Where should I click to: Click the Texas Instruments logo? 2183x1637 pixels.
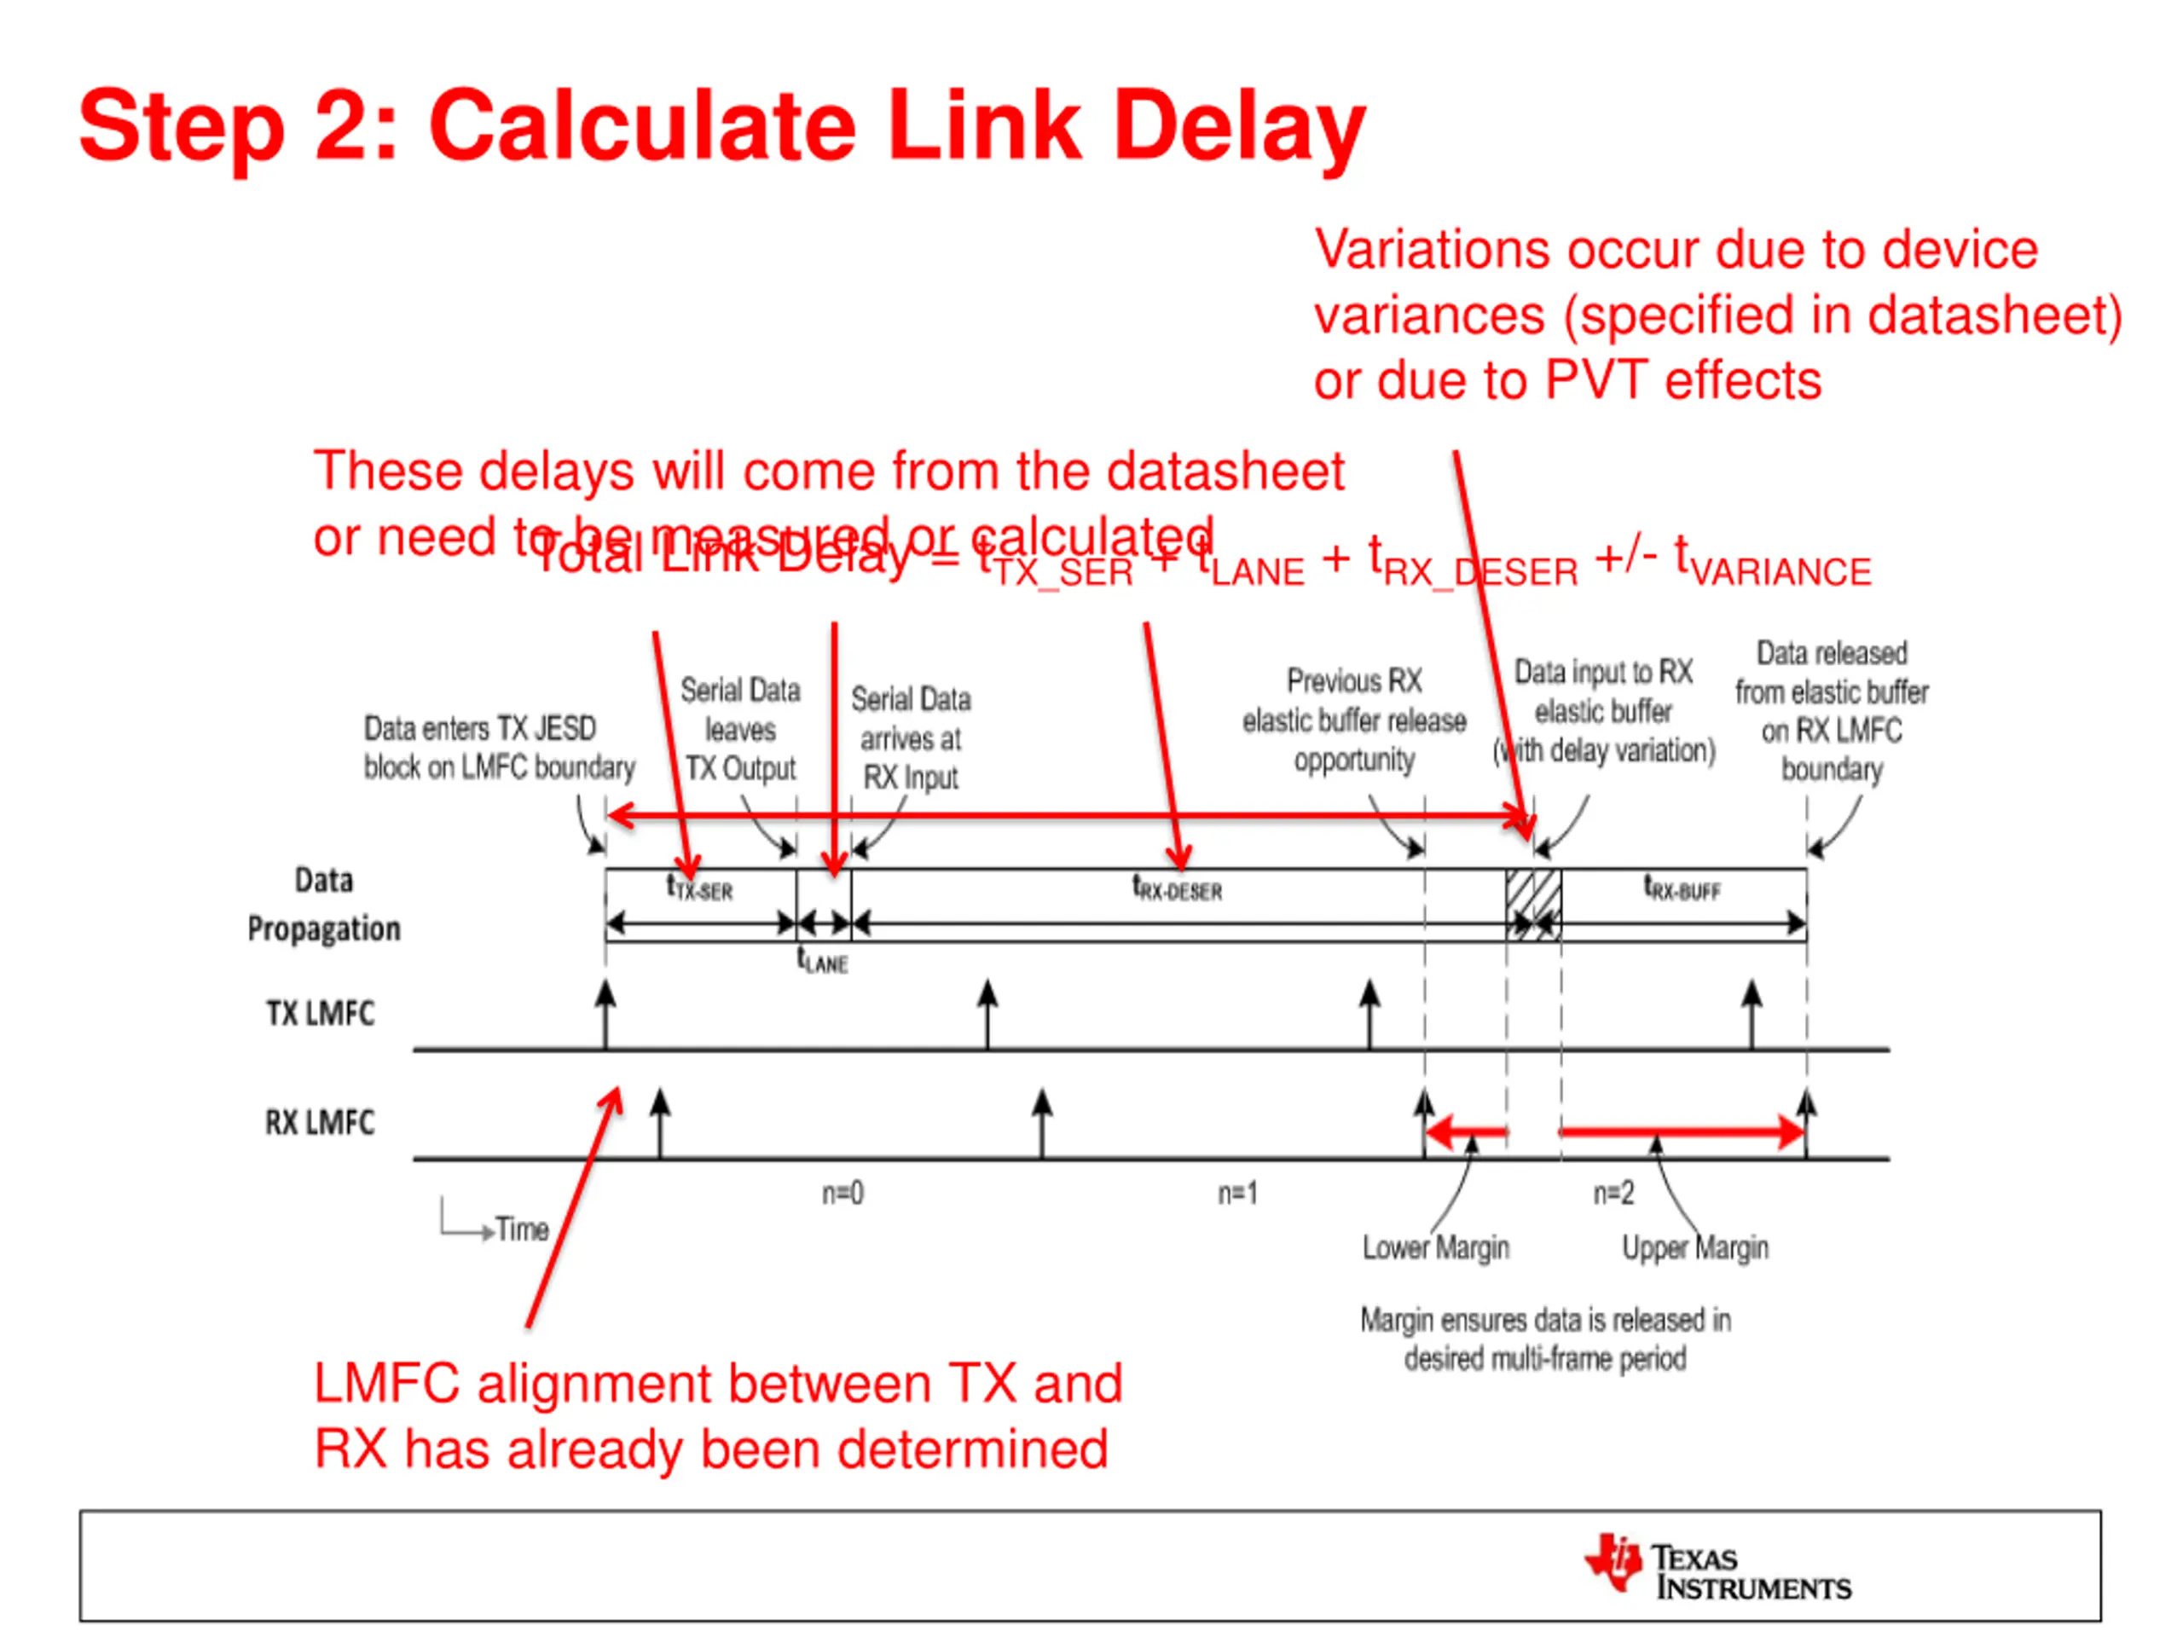coord(1717,1564)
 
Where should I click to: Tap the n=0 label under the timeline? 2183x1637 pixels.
coord(843,1194)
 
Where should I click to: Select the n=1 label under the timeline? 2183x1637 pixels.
coord(1236,1194)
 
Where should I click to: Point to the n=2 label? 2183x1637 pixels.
coord(1613,1194)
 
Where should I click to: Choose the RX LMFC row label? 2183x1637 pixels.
coord(320,1122)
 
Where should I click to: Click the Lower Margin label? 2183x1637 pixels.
coord(1436,1248)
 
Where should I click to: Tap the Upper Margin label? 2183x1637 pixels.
coord(1694,1248)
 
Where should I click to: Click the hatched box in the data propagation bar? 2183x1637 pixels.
coord(1532,904)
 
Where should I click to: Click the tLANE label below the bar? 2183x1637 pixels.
coord(822,961)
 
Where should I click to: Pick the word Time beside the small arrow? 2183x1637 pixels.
coord(522,1229)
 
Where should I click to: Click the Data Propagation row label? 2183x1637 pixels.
coord(324,904)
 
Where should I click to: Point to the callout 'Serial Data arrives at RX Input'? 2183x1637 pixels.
coord(910,738)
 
